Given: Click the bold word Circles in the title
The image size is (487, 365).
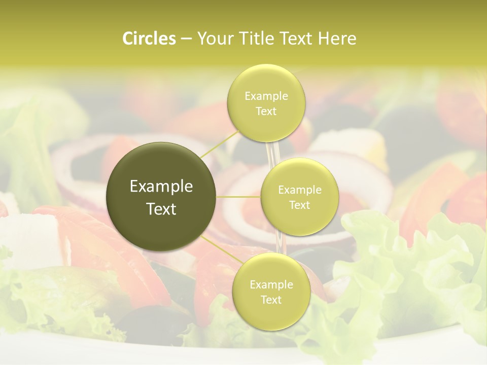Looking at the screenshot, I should click(149, 39).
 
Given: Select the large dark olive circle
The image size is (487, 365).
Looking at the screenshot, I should click(161, 197).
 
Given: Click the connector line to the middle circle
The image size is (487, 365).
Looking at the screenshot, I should click(238, 197).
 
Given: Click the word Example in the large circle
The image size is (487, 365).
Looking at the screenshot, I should click(161, 187).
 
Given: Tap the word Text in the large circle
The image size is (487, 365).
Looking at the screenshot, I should click(161, 209).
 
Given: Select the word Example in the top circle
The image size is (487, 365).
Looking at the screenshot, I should click(266, 96).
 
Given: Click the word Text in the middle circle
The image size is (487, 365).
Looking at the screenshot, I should click(299, 205).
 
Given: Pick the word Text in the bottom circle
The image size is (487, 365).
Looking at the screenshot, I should click(271, 300).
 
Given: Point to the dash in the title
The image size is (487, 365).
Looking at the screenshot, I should click(186, 39).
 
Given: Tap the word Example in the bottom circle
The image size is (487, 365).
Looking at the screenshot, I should click(271, 285).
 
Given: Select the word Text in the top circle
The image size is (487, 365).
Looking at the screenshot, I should click(266, 112).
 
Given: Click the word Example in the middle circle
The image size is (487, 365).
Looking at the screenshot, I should click(299, 190).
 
